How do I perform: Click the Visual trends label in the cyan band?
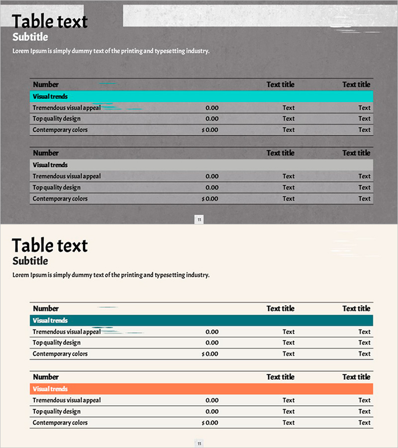point(50,97)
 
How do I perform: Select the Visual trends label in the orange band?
point(50,389)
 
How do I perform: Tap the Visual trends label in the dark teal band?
point(50,321)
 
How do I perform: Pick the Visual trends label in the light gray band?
point(50,165)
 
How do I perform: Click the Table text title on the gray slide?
point(49,21)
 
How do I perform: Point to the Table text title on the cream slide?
point(49,245)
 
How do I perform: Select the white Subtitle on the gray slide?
point(30,37)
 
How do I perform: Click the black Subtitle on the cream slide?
point(30,261)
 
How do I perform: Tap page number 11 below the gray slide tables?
point(199,220)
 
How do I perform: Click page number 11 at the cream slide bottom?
point(199,444)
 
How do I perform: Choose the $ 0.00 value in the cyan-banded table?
point(210,130)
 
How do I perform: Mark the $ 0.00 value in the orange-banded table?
point(210,423)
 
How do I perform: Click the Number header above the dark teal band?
point(46,309)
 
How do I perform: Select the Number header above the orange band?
point(46,377)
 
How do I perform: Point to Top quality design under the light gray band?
point(56,188)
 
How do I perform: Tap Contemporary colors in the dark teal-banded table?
point(60,354)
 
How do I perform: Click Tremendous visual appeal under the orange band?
point(66,400)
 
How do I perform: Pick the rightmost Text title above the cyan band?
point(356,85)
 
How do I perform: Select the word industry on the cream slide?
point(197,275)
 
